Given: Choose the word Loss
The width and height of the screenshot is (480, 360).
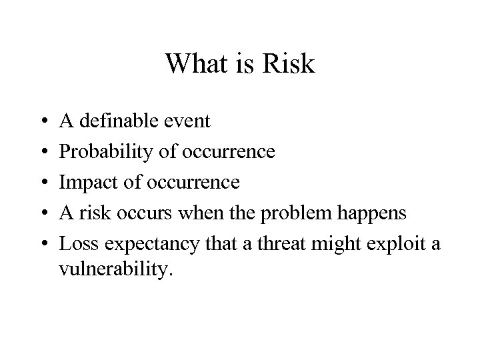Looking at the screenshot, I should point(77,244).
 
